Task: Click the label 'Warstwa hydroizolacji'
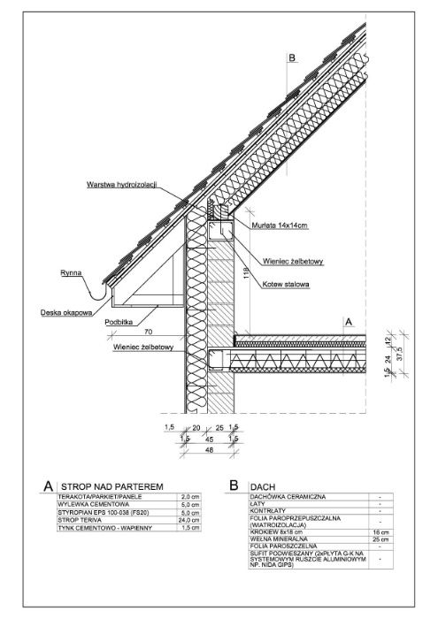coord(121,185)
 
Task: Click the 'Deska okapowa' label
coord(66,312)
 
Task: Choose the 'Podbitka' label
coord(119,323)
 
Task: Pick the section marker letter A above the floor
coord(349,323)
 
